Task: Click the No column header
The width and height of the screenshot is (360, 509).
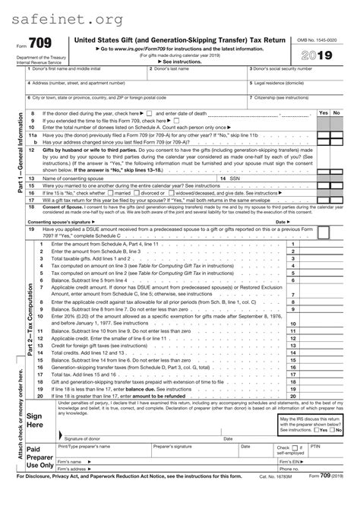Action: (337, 112)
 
